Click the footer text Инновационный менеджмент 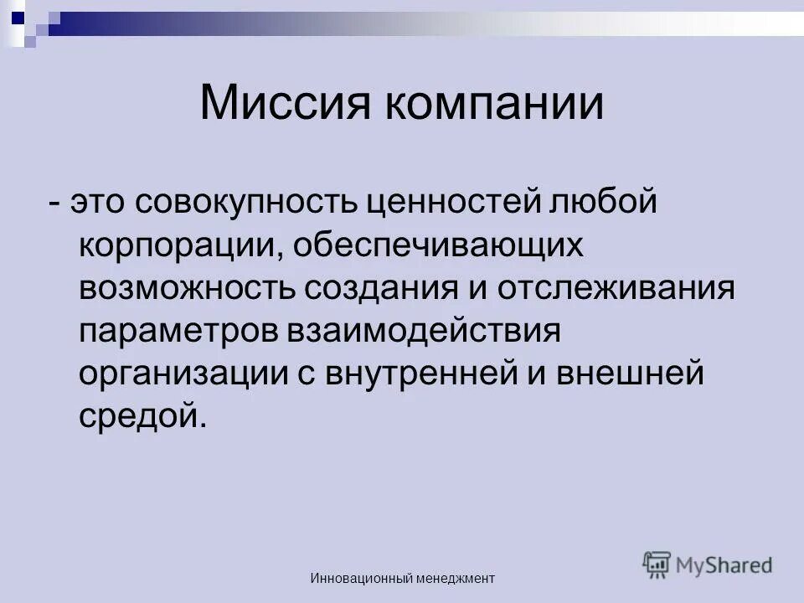coord(402,578)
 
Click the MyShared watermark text coord(725,565)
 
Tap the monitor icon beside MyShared coord(657,564)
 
